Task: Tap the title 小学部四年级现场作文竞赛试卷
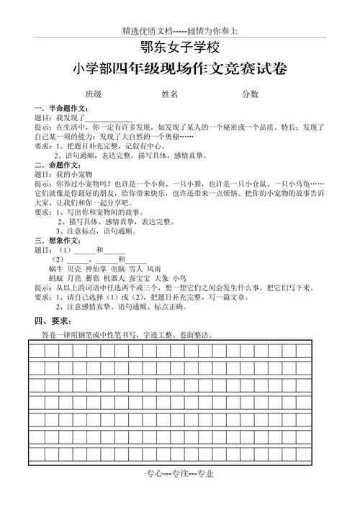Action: [x=179, y=71]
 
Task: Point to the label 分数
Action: [x=250, y=94]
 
